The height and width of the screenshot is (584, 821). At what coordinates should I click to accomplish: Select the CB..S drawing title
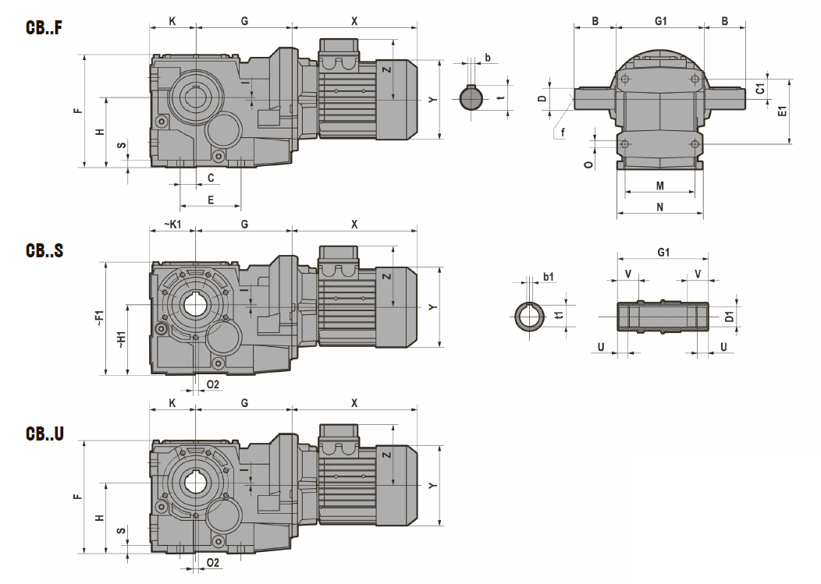44,250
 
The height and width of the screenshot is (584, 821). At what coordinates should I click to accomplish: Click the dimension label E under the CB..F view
210,200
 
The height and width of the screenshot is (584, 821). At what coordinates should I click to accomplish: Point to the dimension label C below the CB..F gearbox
211,178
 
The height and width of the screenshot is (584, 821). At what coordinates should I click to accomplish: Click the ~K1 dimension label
172,224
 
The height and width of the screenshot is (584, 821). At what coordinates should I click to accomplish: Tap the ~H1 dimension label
122,339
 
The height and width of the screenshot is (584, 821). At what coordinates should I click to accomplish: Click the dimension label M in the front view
659,186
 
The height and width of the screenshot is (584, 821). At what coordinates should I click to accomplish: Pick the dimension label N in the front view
659,207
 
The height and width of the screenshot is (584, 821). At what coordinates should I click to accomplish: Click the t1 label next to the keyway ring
559,316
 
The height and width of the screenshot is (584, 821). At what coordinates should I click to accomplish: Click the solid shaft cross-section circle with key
471,98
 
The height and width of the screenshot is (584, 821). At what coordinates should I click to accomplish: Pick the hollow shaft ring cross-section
528,317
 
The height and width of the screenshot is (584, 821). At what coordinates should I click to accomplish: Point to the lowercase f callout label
563,133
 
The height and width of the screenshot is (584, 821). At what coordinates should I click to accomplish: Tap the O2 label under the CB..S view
213,384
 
